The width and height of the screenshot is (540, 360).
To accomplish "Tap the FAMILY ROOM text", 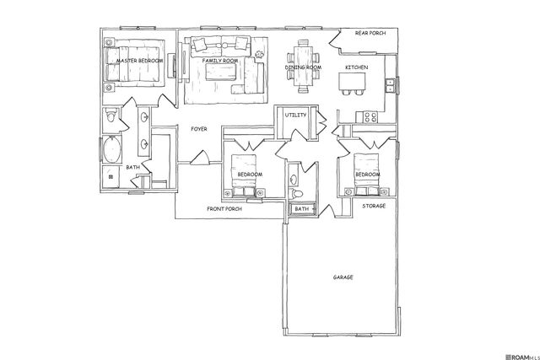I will (221, 62).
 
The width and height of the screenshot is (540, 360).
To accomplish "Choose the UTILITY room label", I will (295, 114).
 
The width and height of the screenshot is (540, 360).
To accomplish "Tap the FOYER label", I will (199, 129).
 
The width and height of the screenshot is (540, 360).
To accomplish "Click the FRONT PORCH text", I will (225, 208).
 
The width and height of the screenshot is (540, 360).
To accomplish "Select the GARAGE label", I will (343, 277).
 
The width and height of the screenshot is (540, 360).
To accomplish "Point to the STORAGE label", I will (374, 207).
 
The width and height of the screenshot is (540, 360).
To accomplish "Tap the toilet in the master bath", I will (111, 119).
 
